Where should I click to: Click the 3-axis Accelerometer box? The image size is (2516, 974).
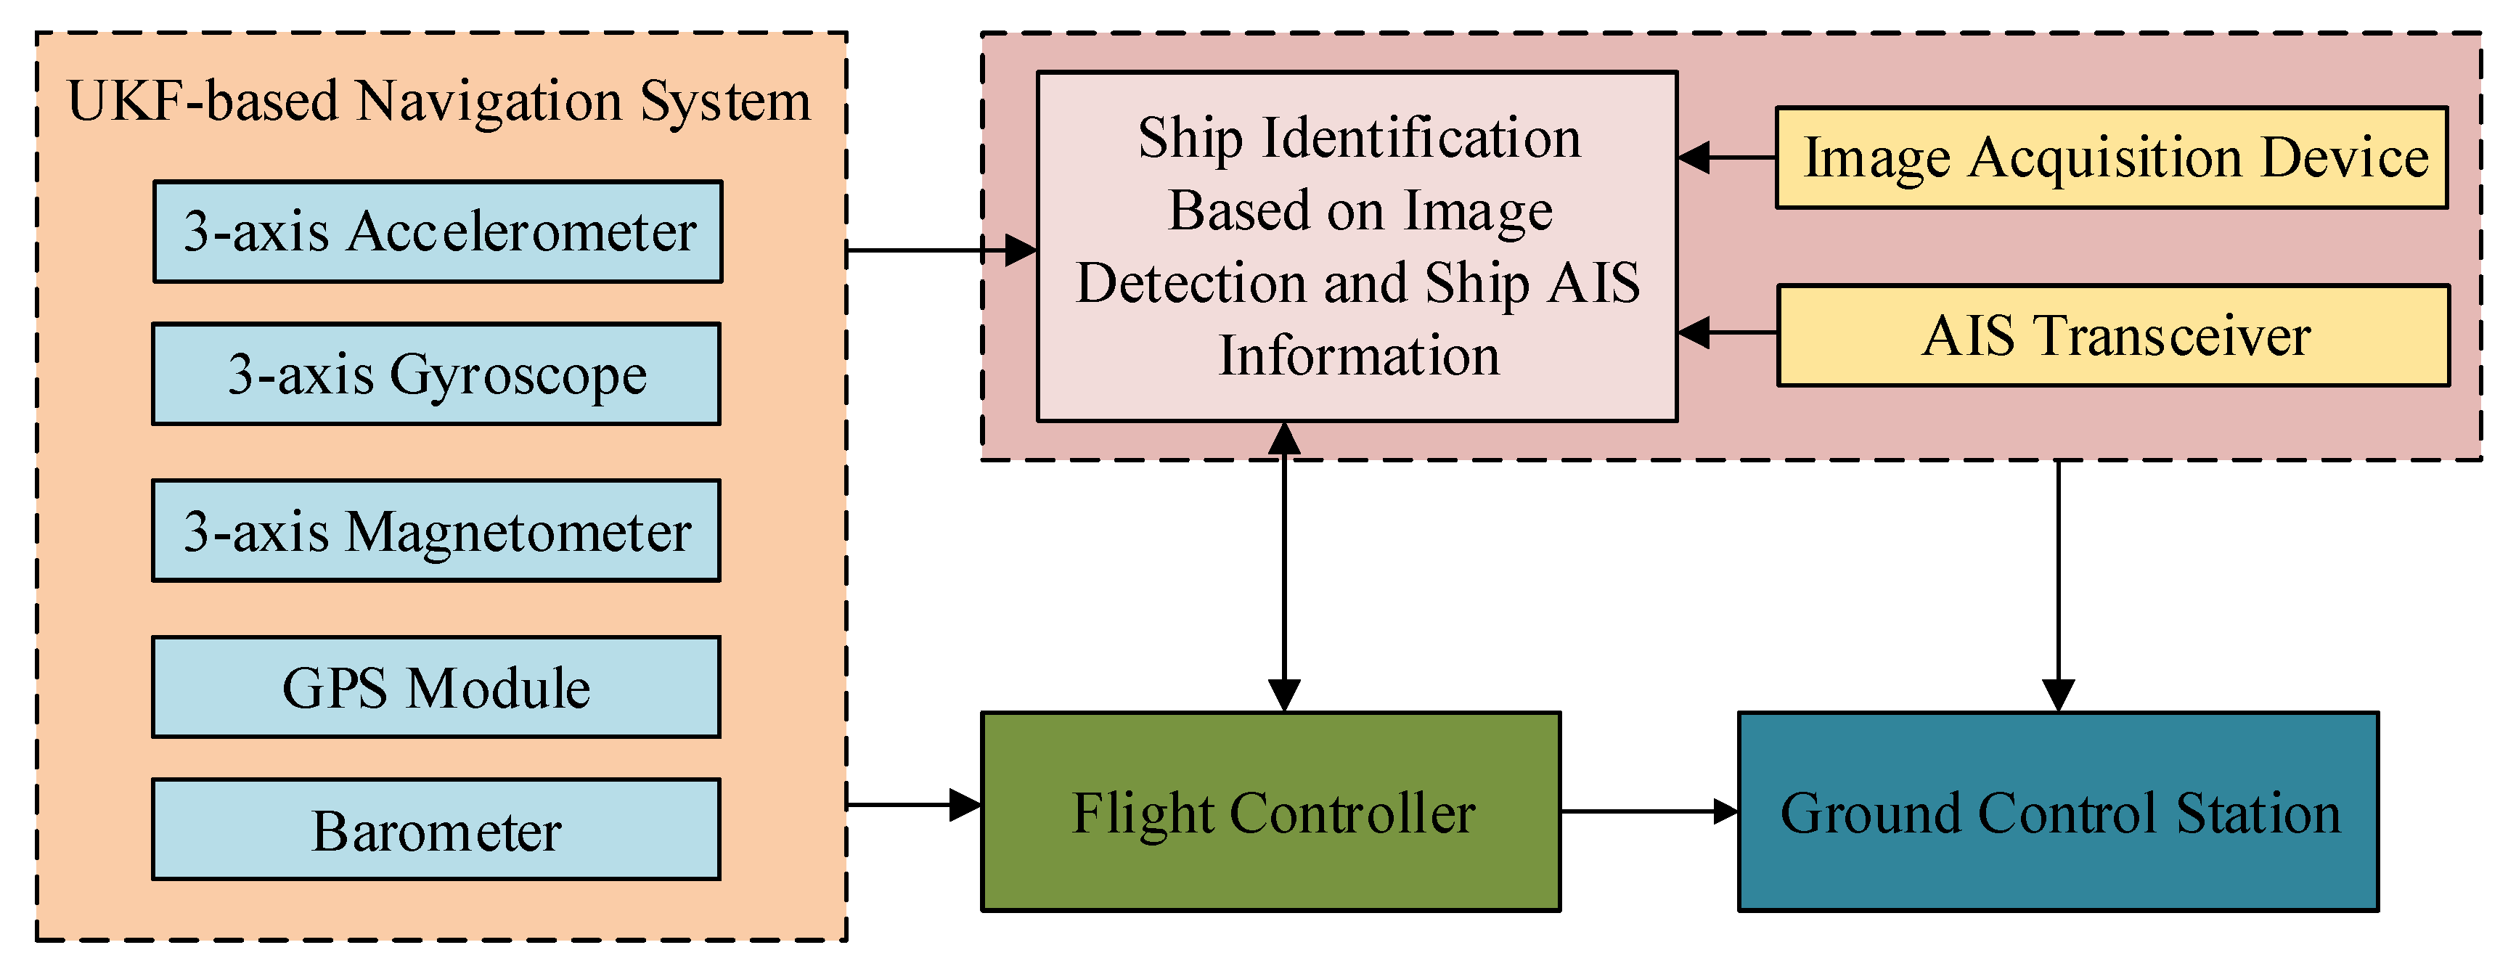438,232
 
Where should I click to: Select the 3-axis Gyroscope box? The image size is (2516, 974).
436,375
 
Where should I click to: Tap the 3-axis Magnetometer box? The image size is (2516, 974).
436,531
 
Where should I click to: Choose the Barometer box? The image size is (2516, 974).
436,830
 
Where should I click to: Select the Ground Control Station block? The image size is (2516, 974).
2058,812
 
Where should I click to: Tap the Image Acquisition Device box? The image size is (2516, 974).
2112,157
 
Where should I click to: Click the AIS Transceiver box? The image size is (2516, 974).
2114,335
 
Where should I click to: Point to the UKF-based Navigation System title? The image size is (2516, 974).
439,101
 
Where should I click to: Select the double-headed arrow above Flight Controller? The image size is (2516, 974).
1283,567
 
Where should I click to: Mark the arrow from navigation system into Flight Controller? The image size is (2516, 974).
912,805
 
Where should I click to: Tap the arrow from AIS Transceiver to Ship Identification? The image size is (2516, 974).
1727,332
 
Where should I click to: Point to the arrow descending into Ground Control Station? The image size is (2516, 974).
2058,586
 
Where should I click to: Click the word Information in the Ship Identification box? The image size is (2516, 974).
1359,356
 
